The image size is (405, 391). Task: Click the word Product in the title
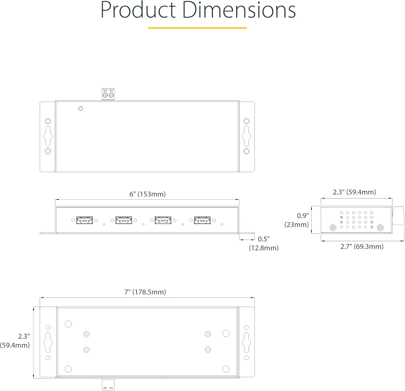(x=138, y=10)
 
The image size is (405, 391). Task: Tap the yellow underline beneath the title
(x=197, y=28)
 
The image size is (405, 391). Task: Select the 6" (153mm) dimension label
(x=147, y=194)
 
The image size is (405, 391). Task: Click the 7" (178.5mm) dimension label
(x=145, y=292)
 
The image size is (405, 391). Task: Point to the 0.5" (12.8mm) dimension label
(x=264, y=243)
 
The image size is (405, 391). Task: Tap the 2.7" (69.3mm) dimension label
(x=362, y=246)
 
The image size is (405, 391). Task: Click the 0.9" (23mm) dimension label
(x=296, y=220)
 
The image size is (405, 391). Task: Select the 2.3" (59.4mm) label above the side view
(x=354, y=192)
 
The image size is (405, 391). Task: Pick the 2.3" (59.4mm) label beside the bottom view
(x=15, y=340)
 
